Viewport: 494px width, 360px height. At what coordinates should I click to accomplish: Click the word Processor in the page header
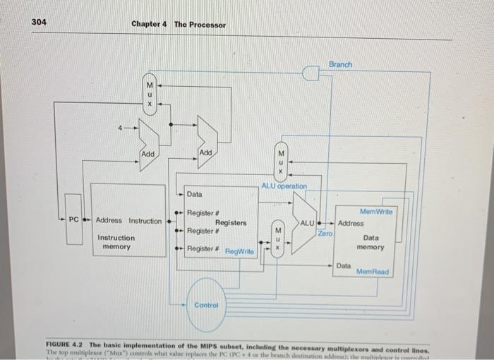(x=200, y=25)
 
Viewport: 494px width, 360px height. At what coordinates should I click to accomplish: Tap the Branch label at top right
(x=340, y=64)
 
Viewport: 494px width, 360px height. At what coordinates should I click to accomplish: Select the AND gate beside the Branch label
(x=311, y=72)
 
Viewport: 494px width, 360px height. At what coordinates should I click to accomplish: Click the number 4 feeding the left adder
(x=121, y=128)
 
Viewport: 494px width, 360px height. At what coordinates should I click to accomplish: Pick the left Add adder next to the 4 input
(x=148, y=144)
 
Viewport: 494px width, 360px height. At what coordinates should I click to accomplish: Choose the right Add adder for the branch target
(x=206, y=143)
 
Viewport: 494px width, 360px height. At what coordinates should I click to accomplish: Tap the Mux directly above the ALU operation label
(x=280, y=162)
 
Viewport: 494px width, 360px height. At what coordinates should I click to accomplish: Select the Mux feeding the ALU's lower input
(x=278, y=239)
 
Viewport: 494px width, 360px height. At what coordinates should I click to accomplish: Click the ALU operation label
(x=284, y=186)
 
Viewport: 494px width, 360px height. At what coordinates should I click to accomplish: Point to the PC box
(x=74, y=220)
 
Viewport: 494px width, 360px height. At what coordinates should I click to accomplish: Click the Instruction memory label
(x=116, y=242)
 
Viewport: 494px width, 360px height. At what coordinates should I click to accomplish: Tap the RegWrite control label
(x=239, y=251)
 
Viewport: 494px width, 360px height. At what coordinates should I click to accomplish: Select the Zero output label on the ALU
(x=325, y=232)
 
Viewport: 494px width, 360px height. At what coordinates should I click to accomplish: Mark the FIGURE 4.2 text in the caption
(x=69, y=341)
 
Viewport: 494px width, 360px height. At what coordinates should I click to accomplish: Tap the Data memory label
(x=370, y=243)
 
